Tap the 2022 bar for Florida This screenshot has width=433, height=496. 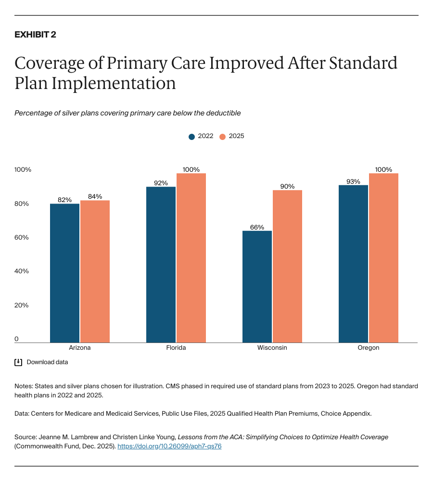pyautogui.click(x=161, y=265)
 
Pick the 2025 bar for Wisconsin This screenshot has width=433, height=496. pyautogui.click(x=287, y=266)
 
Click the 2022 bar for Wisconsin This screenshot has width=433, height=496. pyautogui.click(x=257, y=287)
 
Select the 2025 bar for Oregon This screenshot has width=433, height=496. pyautogui.click(x=383, y=258)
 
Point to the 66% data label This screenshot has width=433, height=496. pyautogui.click(x=257, y=227)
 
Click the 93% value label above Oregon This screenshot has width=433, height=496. pyautogui.click(x=353, y=181)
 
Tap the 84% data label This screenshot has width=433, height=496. pyautogui.click(x=95, y=196)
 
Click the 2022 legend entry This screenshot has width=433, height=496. pyautogui.click(x=201, y=136)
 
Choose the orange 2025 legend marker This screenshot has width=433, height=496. pyautogui.click(x=222, y=137)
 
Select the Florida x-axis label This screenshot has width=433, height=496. pyautogui.click(x=176, y=348)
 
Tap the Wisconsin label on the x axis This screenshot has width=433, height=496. pyautogui.click(x=272, y=348)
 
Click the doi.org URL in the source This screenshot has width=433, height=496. pyautogui.click(x=169, y=446)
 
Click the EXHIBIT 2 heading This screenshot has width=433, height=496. pyautogui.click(x=35, y=35)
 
